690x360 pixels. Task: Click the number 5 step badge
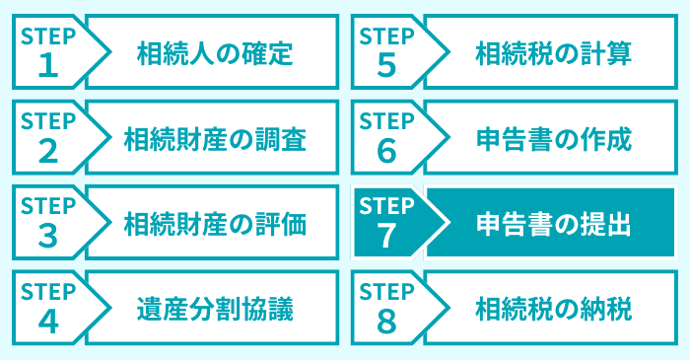pos(384,64)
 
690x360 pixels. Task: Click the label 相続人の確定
pos(215,52)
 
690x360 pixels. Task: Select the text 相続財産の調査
pos(215,138)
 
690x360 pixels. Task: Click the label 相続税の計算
pos(552,52)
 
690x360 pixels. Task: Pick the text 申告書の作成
pos(552,138)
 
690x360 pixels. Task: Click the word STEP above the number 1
pos(47,36)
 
